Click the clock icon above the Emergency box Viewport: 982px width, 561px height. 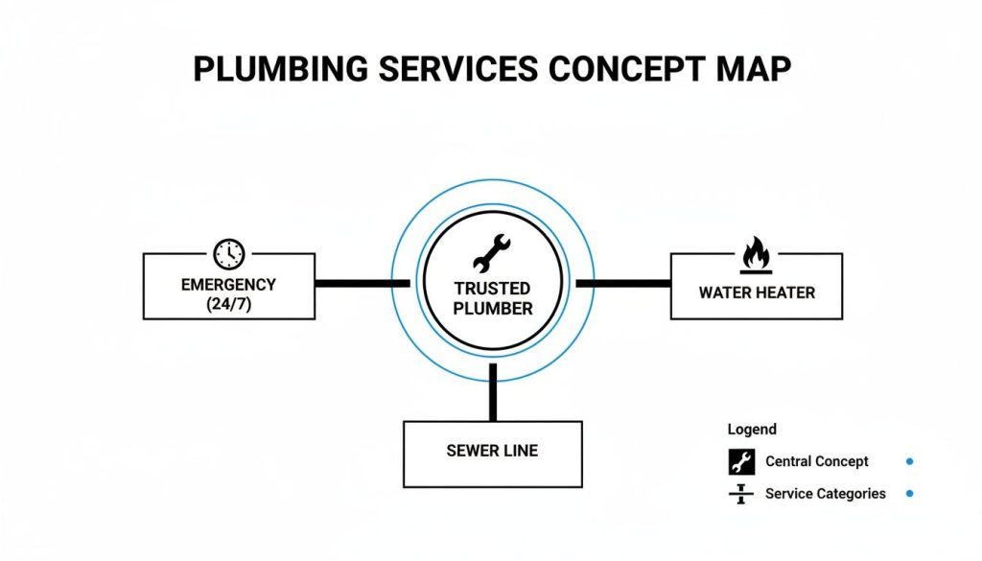tap(229, 253)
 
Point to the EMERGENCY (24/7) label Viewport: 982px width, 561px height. tap(228, 294)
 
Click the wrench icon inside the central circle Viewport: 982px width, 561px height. tap(493, 253)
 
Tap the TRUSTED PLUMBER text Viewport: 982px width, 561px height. tap(493, 298)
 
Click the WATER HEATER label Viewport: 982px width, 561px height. tap(757, 292)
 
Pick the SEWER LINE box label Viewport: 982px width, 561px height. tap(492, 451)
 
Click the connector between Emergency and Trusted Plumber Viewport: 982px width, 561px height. tap(362, 284)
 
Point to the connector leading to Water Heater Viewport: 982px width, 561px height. tap(622, 284)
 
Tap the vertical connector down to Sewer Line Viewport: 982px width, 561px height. tap(493, 391)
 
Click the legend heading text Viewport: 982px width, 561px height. tap(752, 430)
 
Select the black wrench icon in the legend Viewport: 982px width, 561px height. tap(741, 461)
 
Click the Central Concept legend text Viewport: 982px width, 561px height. tap(816, 461)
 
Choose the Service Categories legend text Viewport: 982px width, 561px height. tap(825, 494)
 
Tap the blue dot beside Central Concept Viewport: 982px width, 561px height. tap(909, 461)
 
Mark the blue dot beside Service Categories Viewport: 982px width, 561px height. tap(909, 494)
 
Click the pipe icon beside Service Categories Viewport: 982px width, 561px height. tap(741, 494)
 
